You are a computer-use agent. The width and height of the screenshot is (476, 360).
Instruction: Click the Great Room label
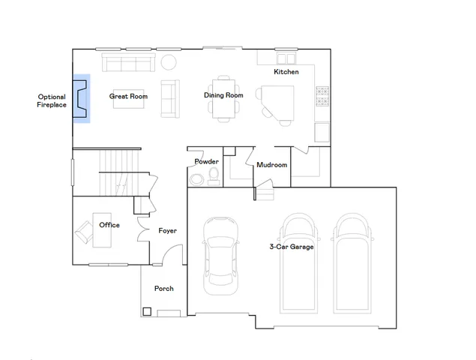click(x=128, y=96)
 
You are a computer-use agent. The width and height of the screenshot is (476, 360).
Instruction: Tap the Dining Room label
click(x=223, y=95)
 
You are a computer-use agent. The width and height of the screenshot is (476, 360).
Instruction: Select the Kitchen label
click(x=286, y=72)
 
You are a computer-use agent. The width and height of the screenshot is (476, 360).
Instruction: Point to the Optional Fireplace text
click(x=52, y=100)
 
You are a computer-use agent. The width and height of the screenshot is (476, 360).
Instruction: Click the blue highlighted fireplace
click(x=81, y=97)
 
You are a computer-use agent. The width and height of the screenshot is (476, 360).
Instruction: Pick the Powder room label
click(x=206, y=162)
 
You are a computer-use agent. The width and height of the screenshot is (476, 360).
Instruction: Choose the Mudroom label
click(x=271, y=165)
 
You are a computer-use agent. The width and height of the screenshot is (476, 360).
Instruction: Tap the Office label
click(x=109, y=225)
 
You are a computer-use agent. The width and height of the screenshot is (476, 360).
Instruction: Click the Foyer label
click(x=167, y=230)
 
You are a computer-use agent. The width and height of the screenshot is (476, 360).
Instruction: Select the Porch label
click(x=163, y=289)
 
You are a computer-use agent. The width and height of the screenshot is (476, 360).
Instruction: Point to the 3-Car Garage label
click(x=292, y=247)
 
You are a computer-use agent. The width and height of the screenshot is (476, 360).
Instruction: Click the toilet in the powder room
click(x=214, y=176)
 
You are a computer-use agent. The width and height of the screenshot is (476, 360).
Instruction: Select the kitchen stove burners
click(x=323, y=96)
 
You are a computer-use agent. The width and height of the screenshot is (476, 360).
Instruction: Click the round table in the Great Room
click(x=169, y=61)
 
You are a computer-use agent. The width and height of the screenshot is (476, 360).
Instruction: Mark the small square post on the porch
click(x=147, y=311)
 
